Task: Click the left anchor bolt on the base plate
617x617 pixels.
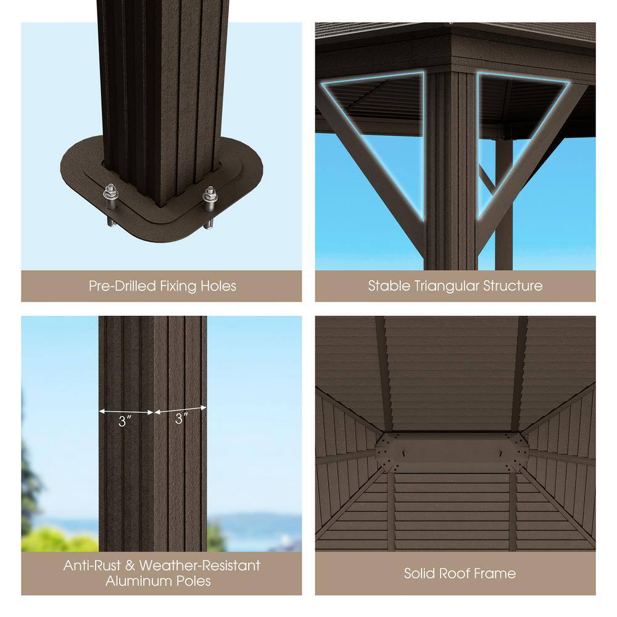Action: [110, 205]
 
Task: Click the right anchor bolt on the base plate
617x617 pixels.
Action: [209, 207]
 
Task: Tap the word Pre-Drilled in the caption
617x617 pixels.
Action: [123, 286]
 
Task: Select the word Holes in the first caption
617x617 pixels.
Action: [218, 286]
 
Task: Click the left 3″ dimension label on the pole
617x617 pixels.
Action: [125, 421]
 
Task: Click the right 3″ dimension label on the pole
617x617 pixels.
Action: [181, 419]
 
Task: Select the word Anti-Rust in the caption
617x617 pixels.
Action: [92, 565]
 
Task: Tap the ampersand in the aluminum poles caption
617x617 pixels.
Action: [130, 565]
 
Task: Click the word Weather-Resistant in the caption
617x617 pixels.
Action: [200, 565]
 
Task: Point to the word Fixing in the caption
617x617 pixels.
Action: [179, 286]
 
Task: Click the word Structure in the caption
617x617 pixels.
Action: [513, 286]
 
